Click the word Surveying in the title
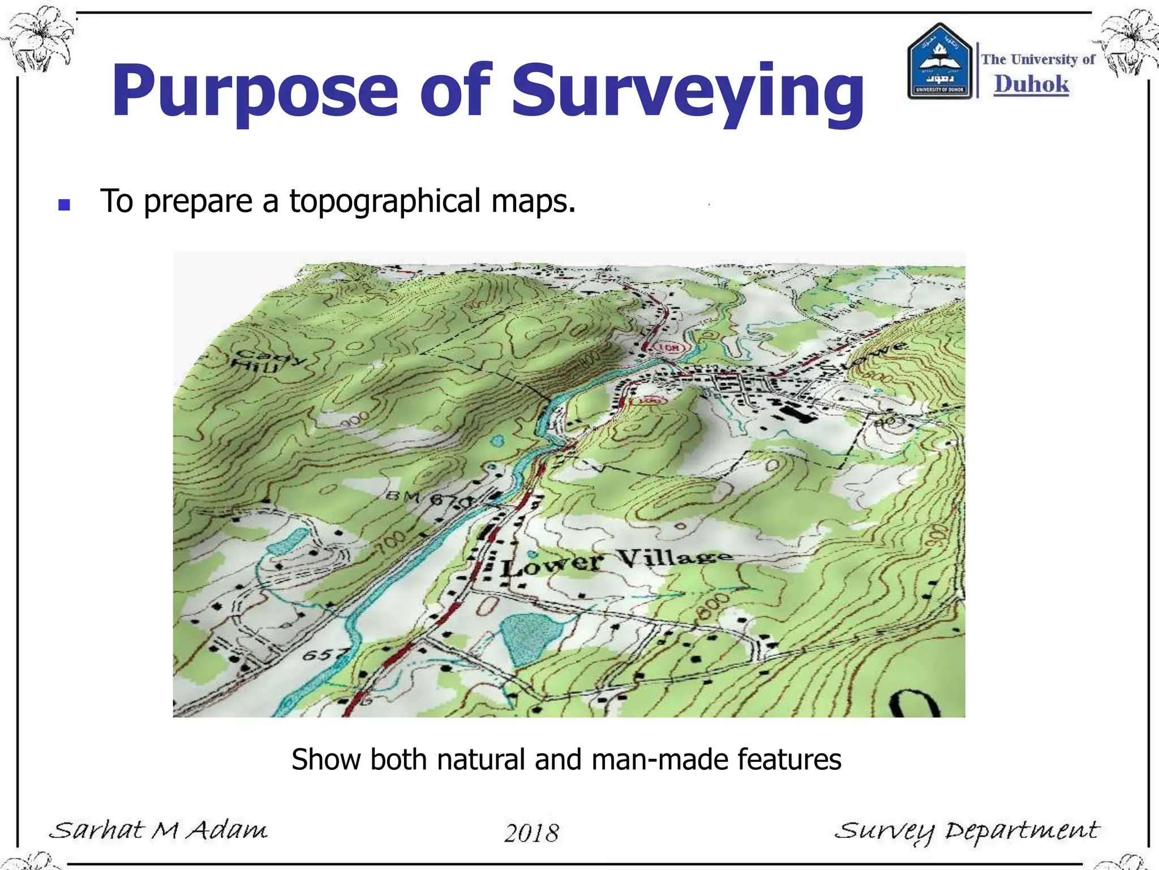click(x=688, y=92)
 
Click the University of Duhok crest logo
click(x=940, y=62)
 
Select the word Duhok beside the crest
click(x=1031, y=84)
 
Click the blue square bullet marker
click(x=64, y=204)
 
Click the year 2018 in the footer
click(x=531, y=833)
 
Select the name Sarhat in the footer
click(x=97, y=830)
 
